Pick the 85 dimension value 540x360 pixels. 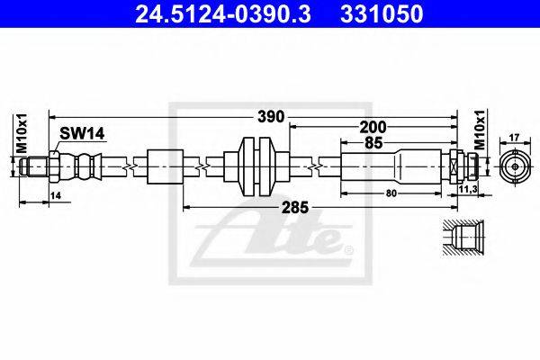[x=373, y=142]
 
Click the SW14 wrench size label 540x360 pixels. [x=83, y=133]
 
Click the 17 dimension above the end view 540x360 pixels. [x=515, y=137]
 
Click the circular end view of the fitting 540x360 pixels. [x=515, y=166]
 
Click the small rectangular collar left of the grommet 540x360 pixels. [x=165, y=166]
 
